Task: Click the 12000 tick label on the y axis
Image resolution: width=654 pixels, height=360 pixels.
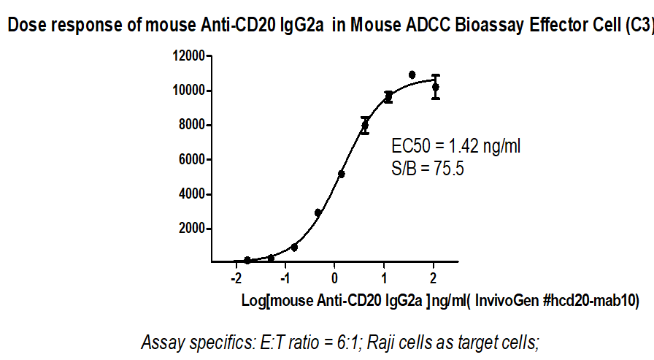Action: pos(188,55)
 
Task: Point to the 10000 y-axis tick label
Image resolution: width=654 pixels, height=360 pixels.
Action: pos(188,91)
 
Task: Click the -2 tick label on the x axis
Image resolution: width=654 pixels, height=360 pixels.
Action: pos(235,279)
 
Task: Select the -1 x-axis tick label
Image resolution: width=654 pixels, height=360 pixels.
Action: pos(285,279)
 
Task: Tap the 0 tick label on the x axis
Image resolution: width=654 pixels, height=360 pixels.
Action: pos(334,279)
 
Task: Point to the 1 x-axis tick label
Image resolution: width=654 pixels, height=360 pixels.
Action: pos(384,279)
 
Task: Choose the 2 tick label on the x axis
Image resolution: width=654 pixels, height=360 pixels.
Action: pos(434,279)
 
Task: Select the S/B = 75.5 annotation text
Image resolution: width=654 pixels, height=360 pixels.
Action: pos(428,169)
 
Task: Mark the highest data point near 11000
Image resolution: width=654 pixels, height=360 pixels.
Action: pos(412,75)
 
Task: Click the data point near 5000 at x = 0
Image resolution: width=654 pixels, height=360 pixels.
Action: pos(341,174)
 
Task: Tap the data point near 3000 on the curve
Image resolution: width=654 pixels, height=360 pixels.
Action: pos(318,212)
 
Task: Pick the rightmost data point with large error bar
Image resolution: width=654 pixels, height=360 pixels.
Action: pos(436,87)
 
